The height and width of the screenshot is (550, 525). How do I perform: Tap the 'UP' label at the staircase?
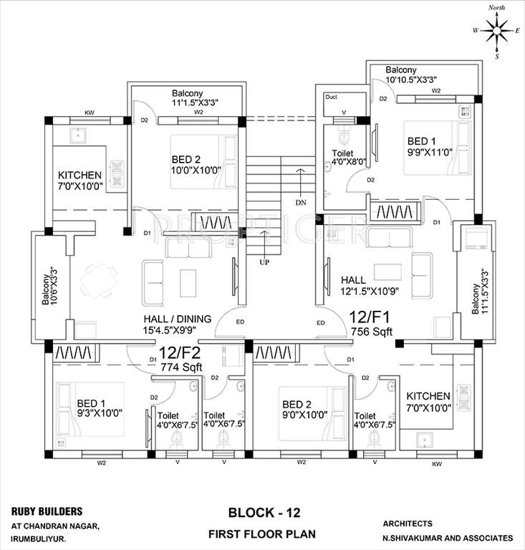[264, 262]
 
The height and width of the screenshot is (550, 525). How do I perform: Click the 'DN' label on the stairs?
[299, 203]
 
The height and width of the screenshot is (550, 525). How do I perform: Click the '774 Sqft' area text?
[181, 367]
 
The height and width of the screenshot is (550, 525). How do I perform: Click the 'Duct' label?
[331, 97]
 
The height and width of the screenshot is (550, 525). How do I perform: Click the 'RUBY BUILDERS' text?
[47, 511]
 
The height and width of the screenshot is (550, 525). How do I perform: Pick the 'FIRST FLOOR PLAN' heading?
[262, 534]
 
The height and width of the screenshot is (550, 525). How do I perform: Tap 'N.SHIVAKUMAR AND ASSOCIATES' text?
[448, 537]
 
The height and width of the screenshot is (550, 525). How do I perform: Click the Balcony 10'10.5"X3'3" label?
[411, 75]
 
